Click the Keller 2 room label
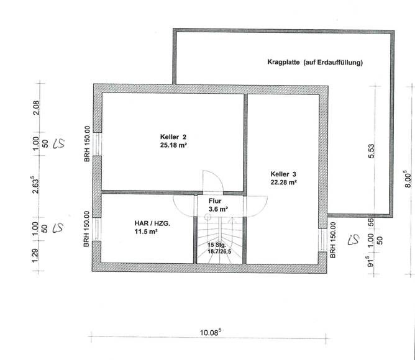pyautogui.click(x=173, y=137)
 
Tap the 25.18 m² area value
pyautogui.click(x=173, y=145)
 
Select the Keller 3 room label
pyautogui.click(x=283, y=173)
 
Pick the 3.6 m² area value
pyautogui.click(x=218, y=209)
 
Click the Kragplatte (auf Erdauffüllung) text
pyautogui.click(x=314, y=63)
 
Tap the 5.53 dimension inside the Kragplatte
pyautogui.click(x=372, y=152)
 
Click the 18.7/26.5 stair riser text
pyautogui.click(x=218, y=252)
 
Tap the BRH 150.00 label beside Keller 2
pyautogui.click(x=87, y=145)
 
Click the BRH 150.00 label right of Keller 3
pyautogui.click(x=334, y=240)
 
